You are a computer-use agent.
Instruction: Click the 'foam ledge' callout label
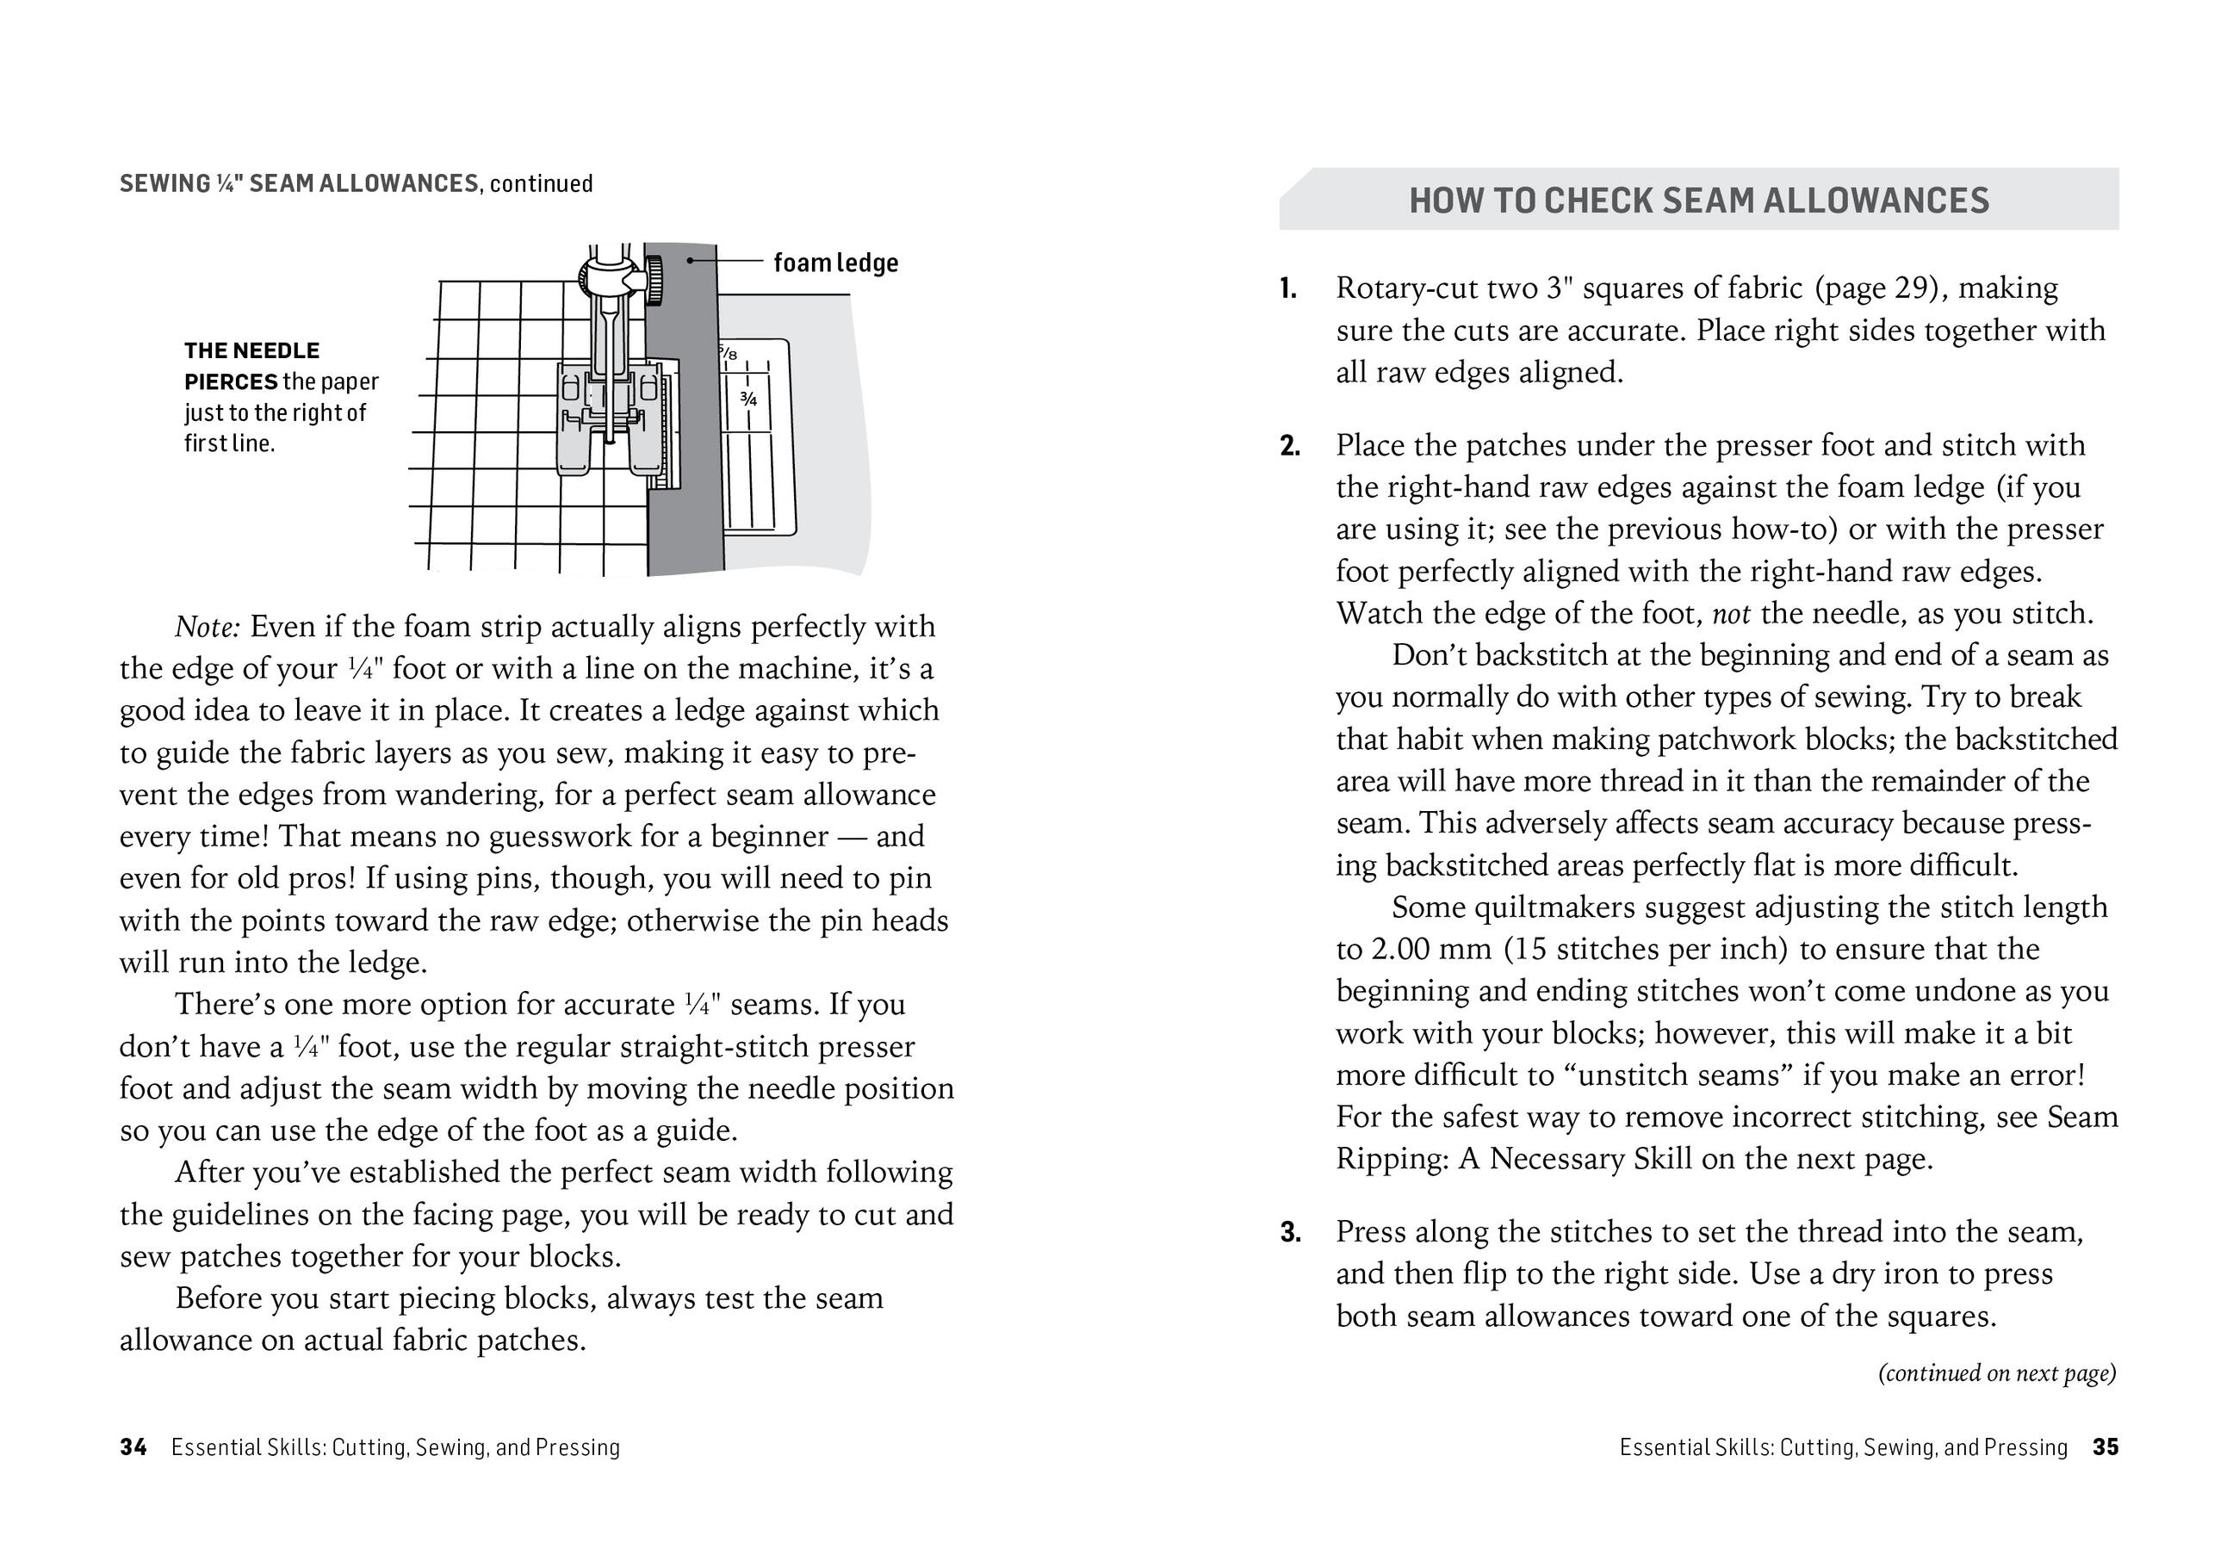coord(834,263)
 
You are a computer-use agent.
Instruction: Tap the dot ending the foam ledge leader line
coord(690,260)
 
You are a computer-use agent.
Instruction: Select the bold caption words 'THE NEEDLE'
coord(251,351)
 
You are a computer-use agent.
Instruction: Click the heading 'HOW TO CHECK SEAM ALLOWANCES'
coord(1699,201)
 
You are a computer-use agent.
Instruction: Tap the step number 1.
coord(1288,288)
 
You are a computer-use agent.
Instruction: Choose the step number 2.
coord(1289,447)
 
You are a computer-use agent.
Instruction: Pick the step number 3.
coord(1290,1233)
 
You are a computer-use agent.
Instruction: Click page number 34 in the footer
coord(133,1447)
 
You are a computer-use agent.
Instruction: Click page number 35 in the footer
coord(2106,1447)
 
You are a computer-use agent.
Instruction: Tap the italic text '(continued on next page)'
coord(1997,1373)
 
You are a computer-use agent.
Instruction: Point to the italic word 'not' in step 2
coord(1731,615)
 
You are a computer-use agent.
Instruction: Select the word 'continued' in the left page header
coord(541,184)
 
